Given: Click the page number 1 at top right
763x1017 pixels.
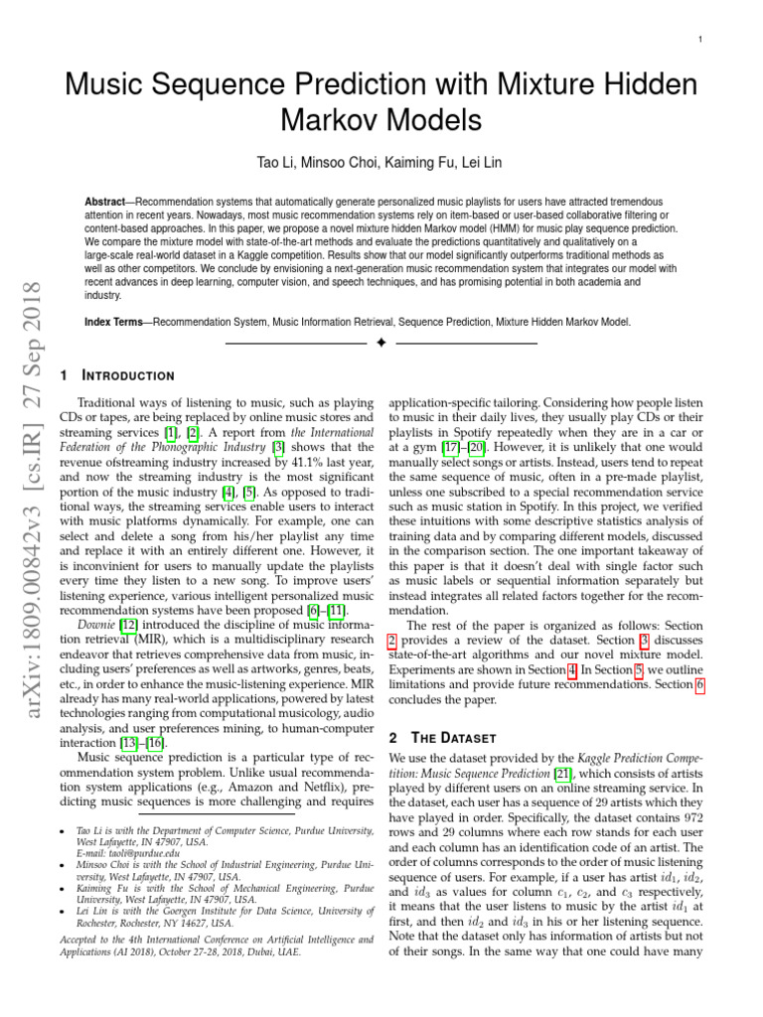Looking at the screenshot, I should pos(701,39).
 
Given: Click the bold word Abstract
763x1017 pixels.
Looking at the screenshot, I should pos(105,202).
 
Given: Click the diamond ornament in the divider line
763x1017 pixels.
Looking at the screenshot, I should pos(381,344).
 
